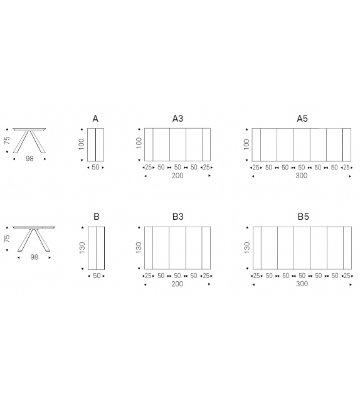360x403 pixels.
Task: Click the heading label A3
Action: (177, 119)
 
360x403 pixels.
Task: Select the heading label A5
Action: (302, 119)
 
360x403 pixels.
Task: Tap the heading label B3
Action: (178, 217)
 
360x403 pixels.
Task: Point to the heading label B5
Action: (304, 217)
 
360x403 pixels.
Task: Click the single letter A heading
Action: (95, 119)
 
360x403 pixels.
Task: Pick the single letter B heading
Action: (97, 217)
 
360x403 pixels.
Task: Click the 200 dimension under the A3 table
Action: (177, 176)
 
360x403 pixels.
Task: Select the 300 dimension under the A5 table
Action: (302, 176)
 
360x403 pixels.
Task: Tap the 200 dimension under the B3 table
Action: (177, 284)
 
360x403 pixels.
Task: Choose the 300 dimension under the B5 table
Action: (302, 284)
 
